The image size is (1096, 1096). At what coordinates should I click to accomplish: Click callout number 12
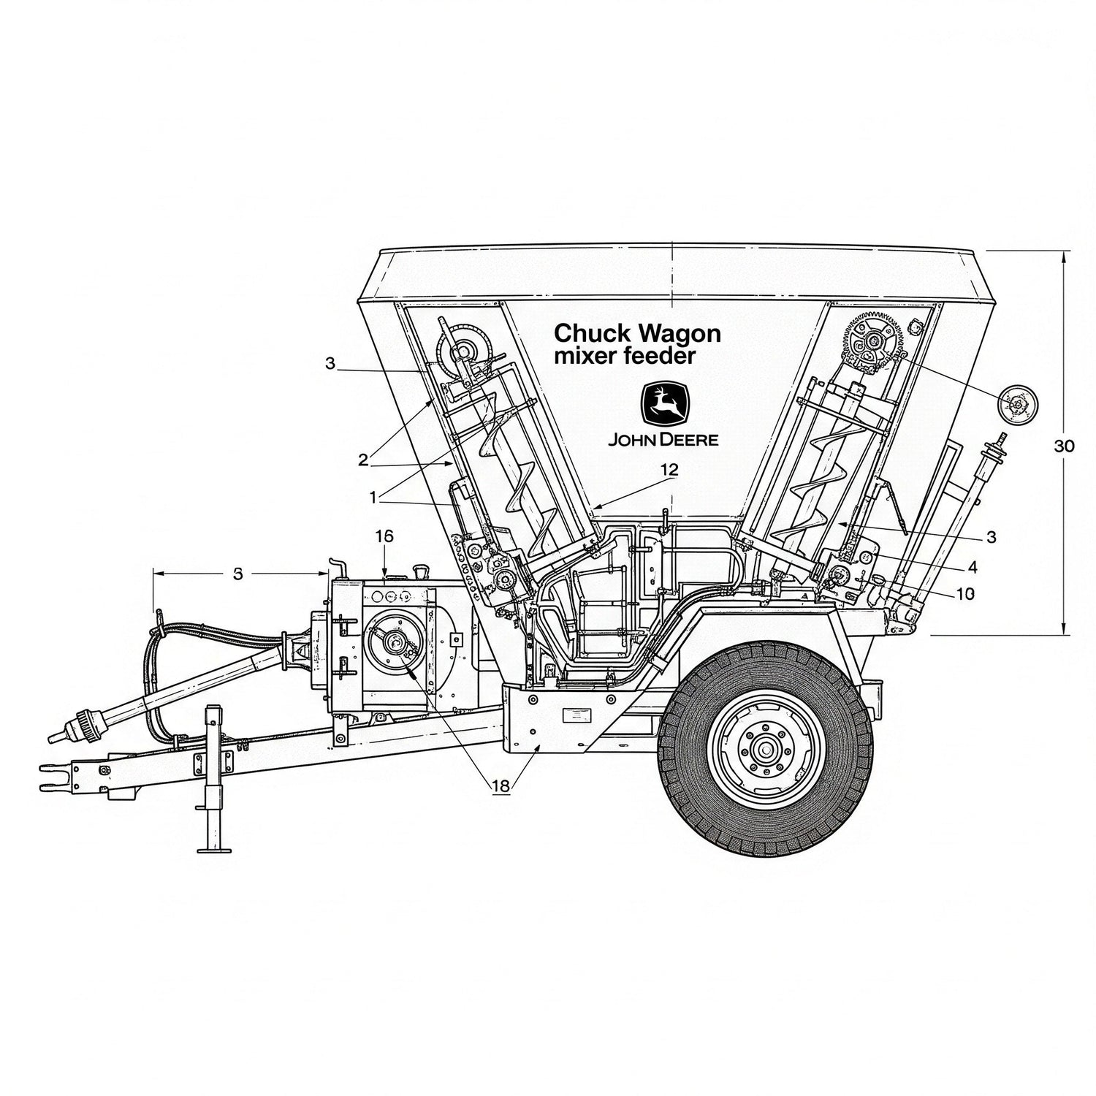pyautogui.click(x=669, y=471)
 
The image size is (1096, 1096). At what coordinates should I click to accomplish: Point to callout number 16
pyautogui.click(x=384, y=536)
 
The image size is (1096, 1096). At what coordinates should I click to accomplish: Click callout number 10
pyautogui.click(x=965, y=594)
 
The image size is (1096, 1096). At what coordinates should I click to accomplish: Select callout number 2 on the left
pyautogui.click(x=362, y=460)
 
